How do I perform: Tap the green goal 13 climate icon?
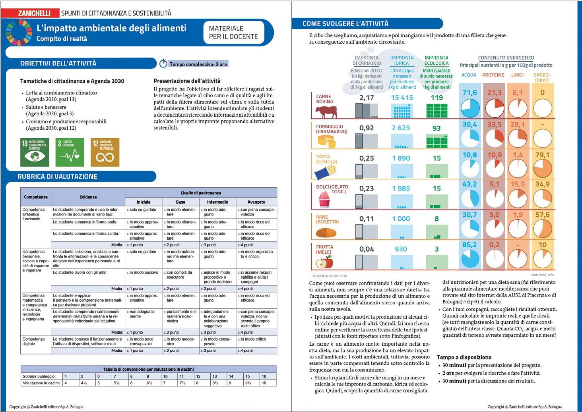(35, 152)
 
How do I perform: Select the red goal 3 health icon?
(70, 152)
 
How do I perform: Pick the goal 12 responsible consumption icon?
(105, 152)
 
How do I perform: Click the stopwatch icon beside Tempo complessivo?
(163, 64)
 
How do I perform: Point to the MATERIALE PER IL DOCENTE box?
(233, 33)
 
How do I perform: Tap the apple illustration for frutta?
(324, 262)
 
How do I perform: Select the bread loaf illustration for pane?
(326, 232)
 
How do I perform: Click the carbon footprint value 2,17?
(367, 98)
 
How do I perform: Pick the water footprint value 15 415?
(402, 98)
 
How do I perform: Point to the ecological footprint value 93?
(436, 128)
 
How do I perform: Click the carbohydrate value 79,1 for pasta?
(542, 155)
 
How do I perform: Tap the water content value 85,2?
(469, 245)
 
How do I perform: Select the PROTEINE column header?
(493, 75)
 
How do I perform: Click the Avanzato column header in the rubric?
(256, 202)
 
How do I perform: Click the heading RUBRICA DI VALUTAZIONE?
(58, 177)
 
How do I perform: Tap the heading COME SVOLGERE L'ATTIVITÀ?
(345, 23)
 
